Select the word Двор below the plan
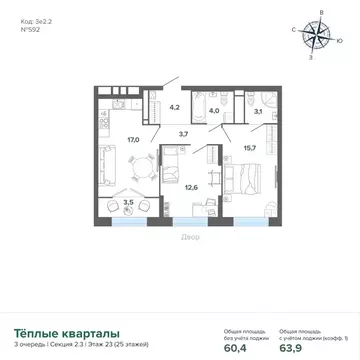[191, 237]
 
